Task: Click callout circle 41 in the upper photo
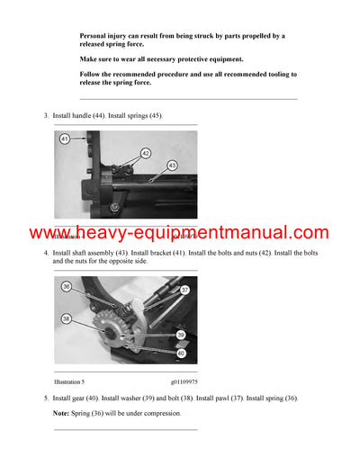[x=65, y=139]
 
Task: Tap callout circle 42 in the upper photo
[x=145, y=153]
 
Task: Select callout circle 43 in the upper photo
[x=172, y=166]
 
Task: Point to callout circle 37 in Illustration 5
[x=184, y=290]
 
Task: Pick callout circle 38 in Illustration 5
[x=67, y=318]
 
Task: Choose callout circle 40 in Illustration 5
[x=182, y=353]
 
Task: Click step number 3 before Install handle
[x=46, y=117]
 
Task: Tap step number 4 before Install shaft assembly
[x=46, y=254]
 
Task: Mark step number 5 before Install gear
[x=46, y=398]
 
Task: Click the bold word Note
[x=62, y=413]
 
